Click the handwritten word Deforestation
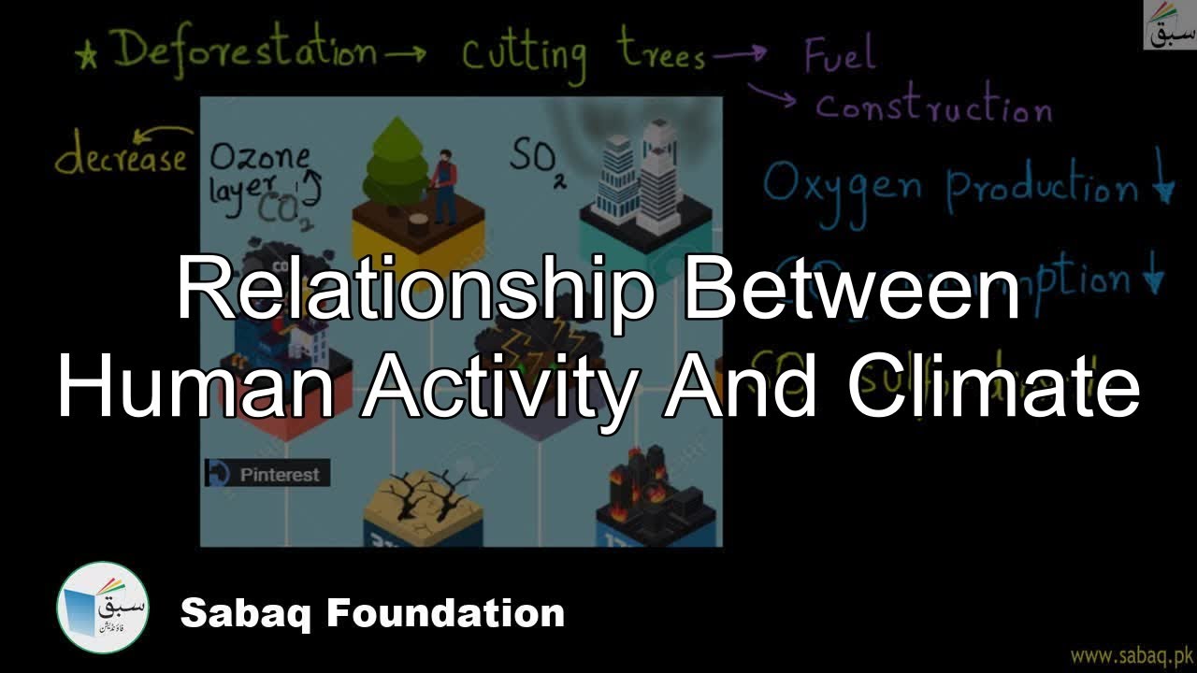coord(245,51)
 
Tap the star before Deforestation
coord(90,55)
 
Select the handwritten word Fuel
coord(840,55)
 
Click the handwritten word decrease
coord(121,159)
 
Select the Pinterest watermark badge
coord(267,474)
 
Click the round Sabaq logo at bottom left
coord(103,608)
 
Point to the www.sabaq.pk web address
coord(1132,654)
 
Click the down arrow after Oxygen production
coord(1163,187)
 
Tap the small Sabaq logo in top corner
coord(1170,25)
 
